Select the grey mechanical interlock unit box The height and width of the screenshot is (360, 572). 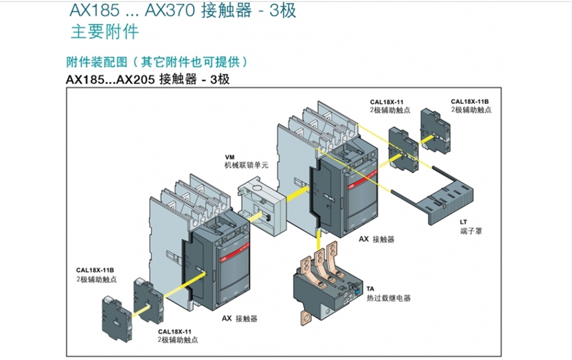click(261, 207)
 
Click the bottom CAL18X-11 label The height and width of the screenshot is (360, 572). click(174, 331)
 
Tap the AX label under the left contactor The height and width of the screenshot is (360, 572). click(226, 319)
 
